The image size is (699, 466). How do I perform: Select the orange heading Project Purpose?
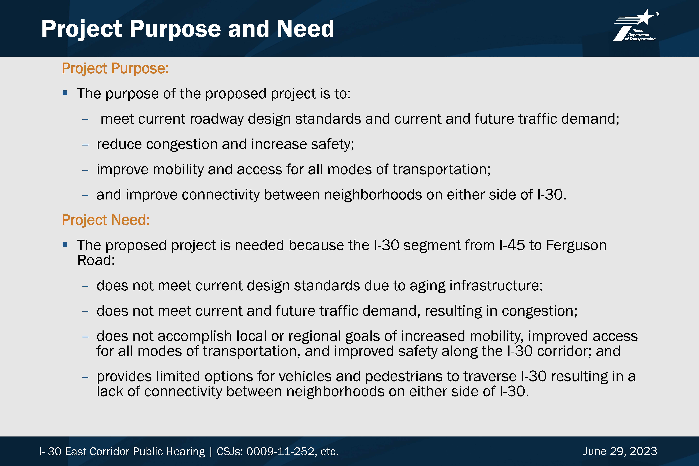tap(115, 68)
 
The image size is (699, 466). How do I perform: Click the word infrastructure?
tap(496, 286)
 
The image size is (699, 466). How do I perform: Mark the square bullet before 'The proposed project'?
tap(65, 245)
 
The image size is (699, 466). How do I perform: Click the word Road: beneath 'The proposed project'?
tap(96, 260)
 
